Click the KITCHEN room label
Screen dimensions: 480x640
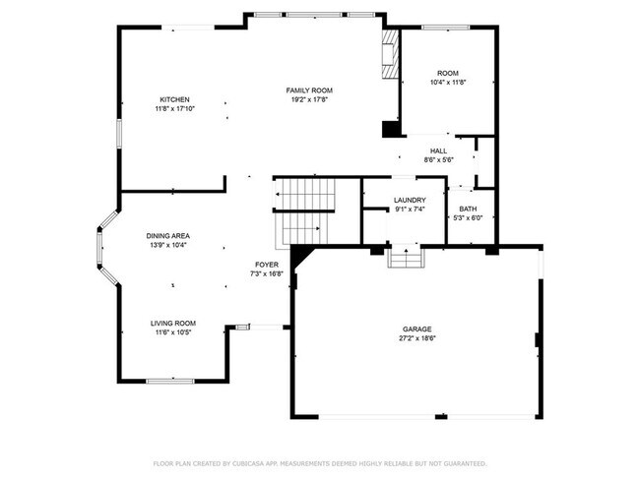(x=174, y=99)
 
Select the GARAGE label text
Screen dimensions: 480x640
(x=416, y=330)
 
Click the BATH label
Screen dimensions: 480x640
(x=467, y=208)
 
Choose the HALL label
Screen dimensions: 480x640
(x=438, y=150)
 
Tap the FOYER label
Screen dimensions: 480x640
(x=267, y=265)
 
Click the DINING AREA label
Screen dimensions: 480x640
(x=167, y=236)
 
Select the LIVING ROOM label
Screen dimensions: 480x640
(x=172, y=324)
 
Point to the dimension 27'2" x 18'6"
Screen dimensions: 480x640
(x=416, y=338)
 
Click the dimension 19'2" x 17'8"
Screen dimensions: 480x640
(x=308, y=99)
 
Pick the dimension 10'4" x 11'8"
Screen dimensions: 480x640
(x=448, y=83)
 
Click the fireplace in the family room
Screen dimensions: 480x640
(x=390, y=58)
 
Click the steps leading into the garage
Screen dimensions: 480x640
(x=406, y=258)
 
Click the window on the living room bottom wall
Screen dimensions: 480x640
(x=169, y=381)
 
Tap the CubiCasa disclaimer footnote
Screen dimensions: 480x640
(x=319, y=462)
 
